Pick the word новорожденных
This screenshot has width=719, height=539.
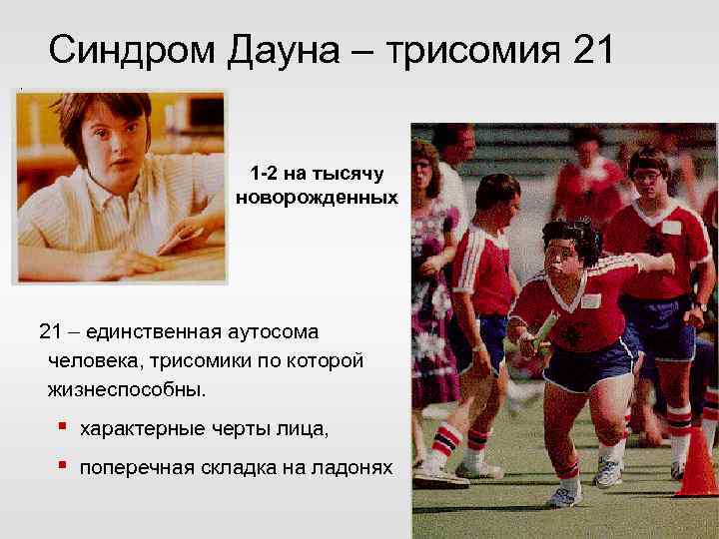(317, 198)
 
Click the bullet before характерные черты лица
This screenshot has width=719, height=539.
(62, 426)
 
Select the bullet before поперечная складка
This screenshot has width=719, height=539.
(62, 465)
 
